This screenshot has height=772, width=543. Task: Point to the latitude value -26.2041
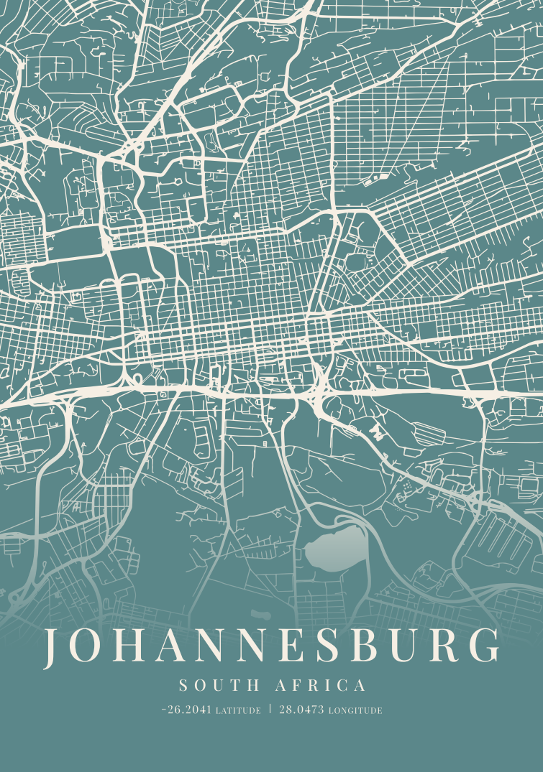[x=186, y=710]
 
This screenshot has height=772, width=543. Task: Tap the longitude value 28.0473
[x=301, y=710]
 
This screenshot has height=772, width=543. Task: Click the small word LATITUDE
[x=238, y=711]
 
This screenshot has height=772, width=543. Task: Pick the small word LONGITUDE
[x=355, y=711]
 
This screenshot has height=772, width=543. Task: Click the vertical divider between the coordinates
[x=270, y=710]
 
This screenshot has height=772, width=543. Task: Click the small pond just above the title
[x=260, y=615]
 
